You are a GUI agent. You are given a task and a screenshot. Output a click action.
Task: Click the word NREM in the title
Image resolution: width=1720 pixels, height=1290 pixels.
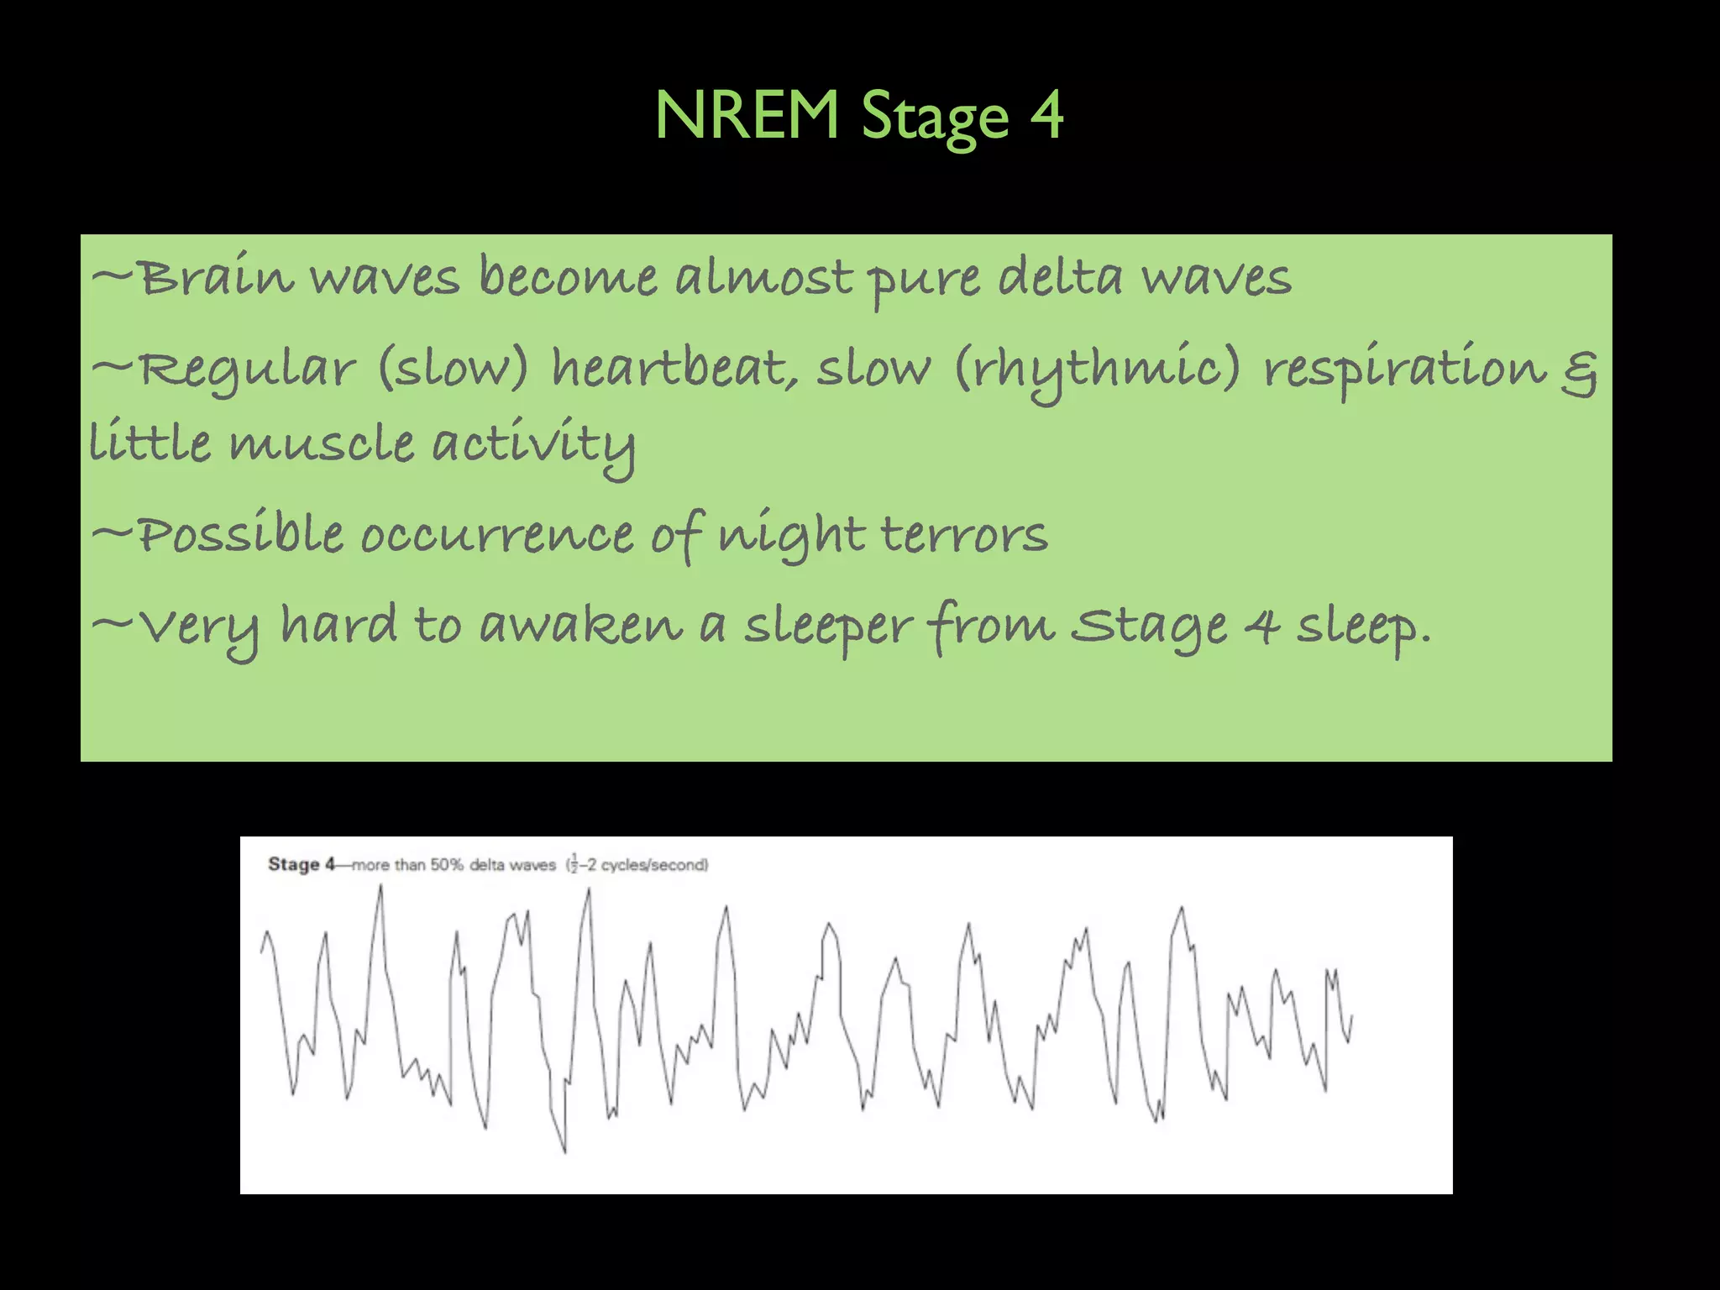747,115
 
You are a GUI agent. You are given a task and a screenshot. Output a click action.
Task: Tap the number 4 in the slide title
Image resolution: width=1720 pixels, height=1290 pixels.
1046,115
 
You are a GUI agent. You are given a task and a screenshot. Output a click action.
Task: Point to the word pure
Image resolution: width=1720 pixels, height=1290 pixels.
923,281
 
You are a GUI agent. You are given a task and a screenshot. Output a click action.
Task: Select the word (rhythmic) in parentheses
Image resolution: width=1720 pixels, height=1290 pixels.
1097,370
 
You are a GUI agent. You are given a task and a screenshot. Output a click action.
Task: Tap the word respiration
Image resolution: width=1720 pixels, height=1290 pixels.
1404,370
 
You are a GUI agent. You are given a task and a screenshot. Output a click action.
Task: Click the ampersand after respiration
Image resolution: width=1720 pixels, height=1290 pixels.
1579,375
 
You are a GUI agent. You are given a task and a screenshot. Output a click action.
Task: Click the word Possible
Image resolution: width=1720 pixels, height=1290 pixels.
239,534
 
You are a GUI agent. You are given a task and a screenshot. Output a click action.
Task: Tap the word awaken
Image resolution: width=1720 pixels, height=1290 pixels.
580,625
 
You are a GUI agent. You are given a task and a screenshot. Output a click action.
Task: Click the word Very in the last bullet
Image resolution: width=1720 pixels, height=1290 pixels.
198,628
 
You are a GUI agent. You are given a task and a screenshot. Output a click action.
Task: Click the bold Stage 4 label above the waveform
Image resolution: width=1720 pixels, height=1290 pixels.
301,864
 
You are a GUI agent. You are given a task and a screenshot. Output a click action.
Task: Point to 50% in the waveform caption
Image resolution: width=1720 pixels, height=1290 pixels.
447,865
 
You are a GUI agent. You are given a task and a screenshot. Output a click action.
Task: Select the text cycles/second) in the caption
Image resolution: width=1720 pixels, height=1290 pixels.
654,865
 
